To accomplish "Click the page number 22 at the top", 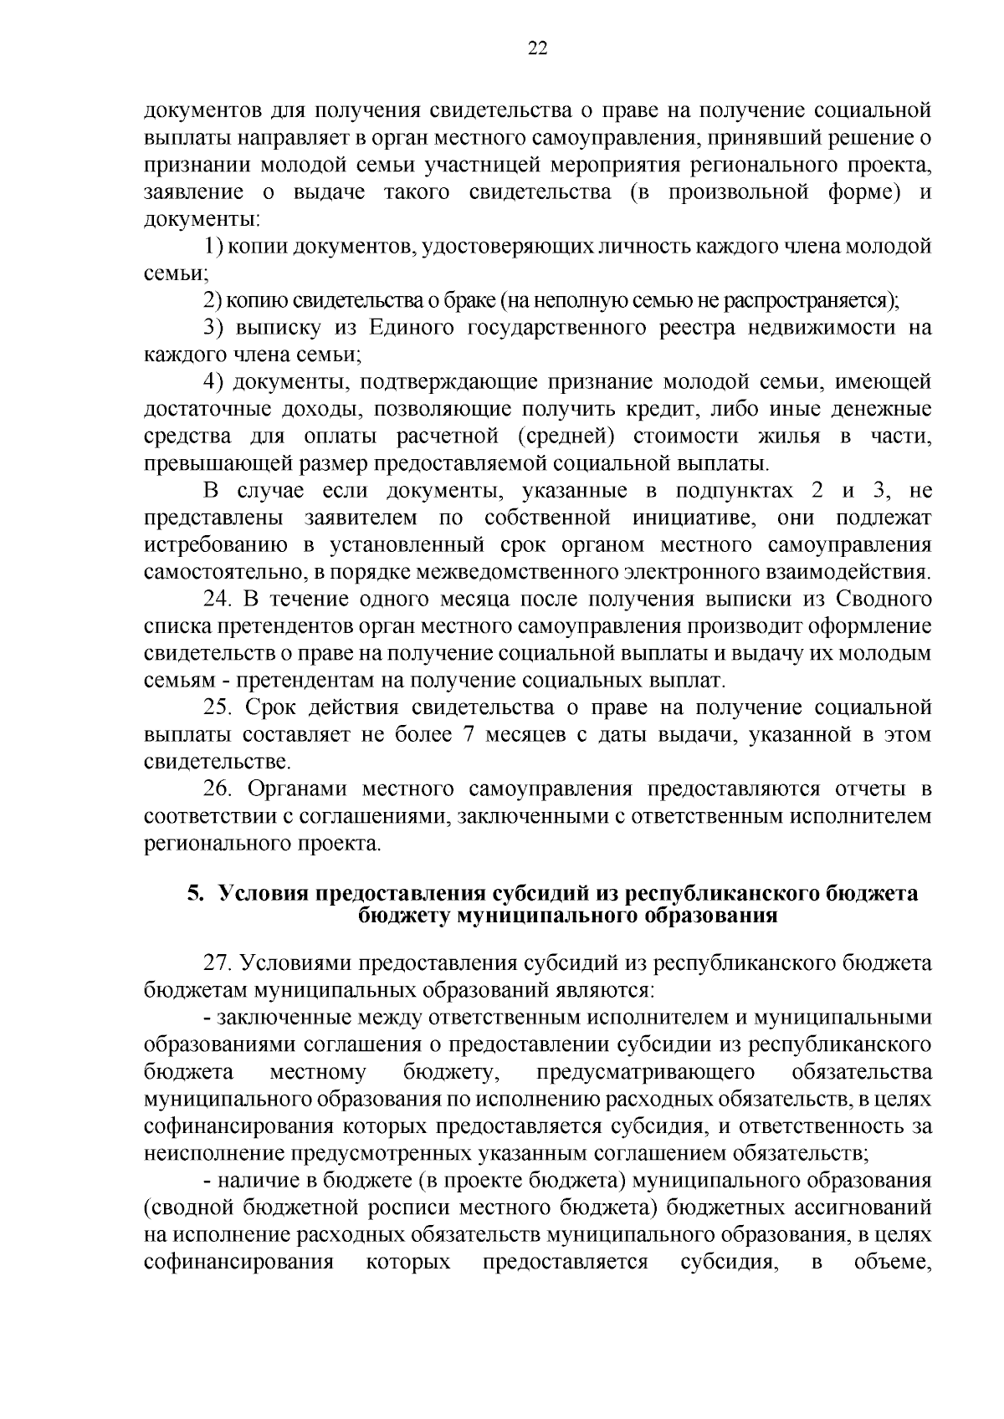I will point(537,48).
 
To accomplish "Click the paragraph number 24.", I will point(219,600).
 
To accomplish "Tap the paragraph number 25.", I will point(219,707).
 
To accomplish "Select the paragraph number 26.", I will point(220,789).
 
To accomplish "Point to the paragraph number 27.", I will point(220,963).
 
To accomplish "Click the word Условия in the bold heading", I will point(262,894).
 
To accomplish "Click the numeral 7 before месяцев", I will point(468,735).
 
